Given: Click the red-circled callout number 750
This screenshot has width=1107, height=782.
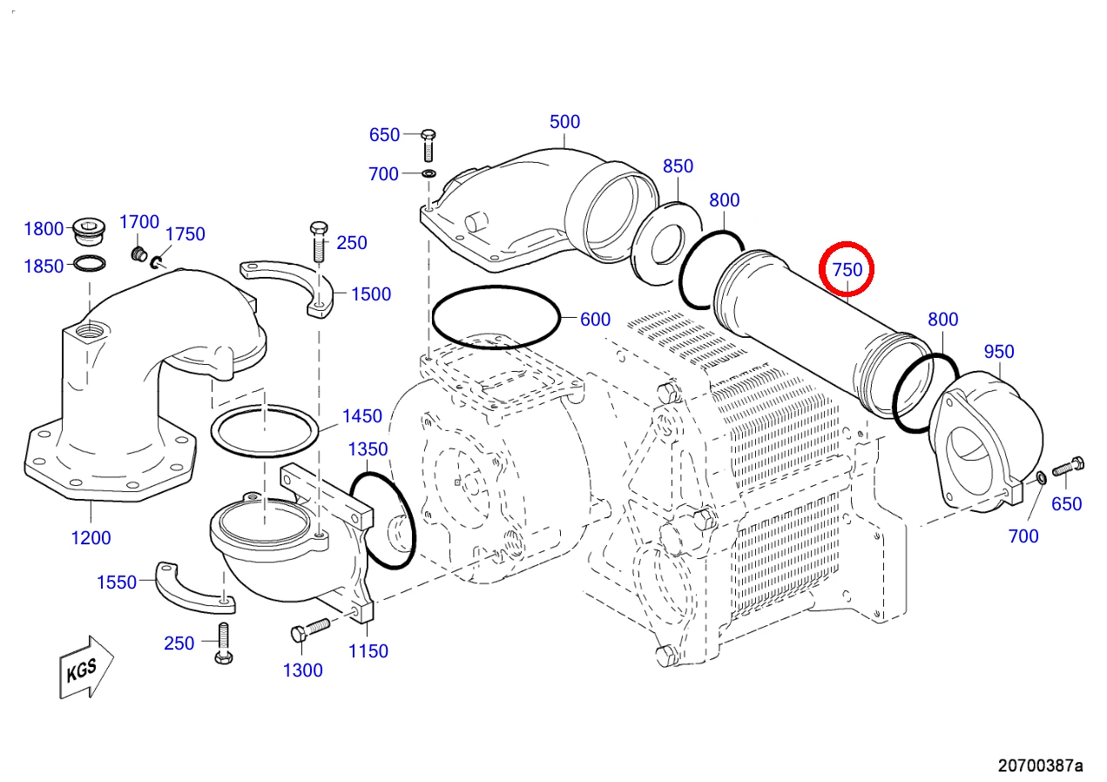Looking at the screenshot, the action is pyautogui.click(x=847, y=270).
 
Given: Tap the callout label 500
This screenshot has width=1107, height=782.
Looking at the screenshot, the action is pyautogui.click(x=564, y=122).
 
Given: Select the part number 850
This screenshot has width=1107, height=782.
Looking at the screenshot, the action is pyautogui.click(x=678, y=166).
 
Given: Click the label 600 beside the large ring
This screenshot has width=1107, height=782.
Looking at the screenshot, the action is pyautogui.click(x=595, y=319).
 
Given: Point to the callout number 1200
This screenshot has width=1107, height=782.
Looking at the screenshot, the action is pyautogui.click(x=91, y=538).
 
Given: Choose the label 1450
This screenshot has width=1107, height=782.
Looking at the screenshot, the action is pyautogui.click(x=362, y=416).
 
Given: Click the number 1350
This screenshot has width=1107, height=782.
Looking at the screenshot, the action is pyautogui.click(x=368, y=449).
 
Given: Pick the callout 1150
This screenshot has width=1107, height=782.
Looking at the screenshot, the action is pyautogui.click(x=368, y=651).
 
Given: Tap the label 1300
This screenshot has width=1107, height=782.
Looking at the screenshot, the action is pyautogui.click(x=302, y=671).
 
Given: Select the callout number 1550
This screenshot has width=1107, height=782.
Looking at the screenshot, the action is pyautogui.click(x=117, y=583).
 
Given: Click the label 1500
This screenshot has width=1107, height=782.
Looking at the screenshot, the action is pyautogui.click(x=371, y=294).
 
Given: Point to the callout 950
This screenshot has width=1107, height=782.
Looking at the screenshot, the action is pyautogui.click(x=999, y=351).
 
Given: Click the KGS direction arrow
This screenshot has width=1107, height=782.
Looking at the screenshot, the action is pyautogui.click(x=86, y=667).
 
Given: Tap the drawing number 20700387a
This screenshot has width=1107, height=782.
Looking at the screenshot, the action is pyautogui.click(x=1040, y=765).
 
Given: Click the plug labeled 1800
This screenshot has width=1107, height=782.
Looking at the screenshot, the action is pyautogui.click(x=89, y=231).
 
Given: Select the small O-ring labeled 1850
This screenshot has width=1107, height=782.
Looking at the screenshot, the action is pyautogui.click(x=90, y=263).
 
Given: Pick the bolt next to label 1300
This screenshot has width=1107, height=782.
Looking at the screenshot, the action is pyautogui.click(x=310, y=630).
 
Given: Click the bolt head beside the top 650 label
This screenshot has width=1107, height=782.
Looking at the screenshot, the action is pyautogui.click(x=428, y=134).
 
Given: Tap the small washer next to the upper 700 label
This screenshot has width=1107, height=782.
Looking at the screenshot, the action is pyautogui.click(x=429, y=174).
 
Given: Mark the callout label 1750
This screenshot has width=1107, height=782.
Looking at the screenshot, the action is pyautogui.click(x=185, y=233).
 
